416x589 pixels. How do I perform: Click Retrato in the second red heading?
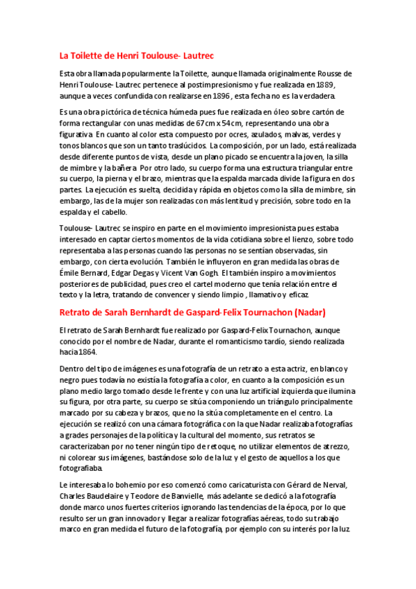click(x=78, y=312)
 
